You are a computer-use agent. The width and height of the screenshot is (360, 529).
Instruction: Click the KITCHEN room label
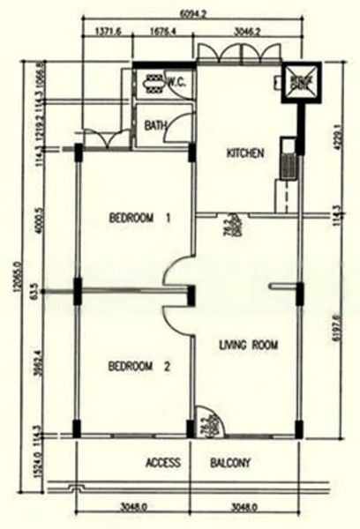pos(245,153)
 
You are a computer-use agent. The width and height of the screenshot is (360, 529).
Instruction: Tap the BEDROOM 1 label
pos(139,218)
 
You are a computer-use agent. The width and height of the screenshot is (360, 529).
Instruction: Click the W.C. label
pos(174,80)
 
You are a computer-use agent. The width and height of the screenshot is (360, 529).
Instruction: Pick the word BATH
pos(154,126)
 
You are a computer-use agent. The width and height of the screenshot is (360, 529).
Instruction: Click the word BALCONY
pos(231,462)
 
